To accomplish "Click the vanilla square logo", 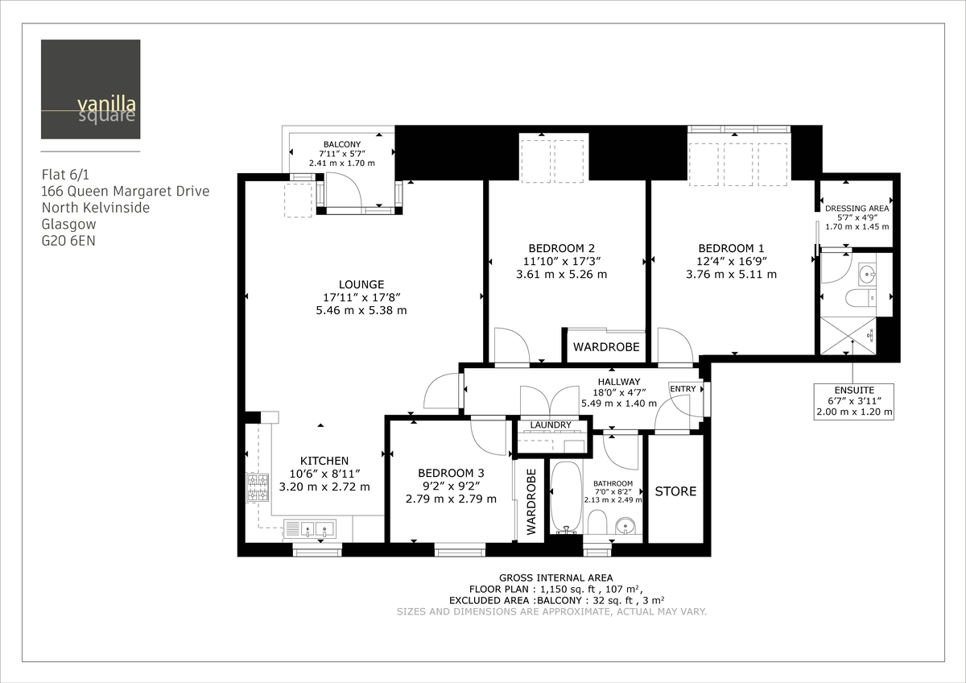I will tap(90, 89).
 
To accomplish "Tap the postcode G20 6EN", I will tap(68, 239).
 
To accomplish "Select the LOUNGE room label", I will tap(361, 284).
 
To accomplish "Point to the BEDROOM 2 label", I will tap(561, 248).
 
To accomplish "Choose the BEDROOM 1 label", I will tap(731, 248).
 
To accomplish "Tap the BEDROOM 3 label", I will tap(451, 473).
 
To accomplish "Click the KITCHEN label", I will tap(324, 461).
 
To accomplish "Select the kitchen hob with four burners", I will tap(258, 488).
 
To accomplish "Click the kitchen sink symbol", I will tap(310, 529).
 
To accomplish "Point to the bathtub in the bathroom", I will tap(565, 496).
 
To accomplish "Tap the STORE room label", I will tap(675, 491).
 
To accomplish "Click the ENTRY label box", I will tap(683, 389).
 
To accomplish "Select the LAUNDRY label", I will tap(551, 424).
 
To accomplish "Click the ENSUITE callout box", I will tap(854, 400).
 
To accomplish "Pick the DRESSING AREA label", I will tap(857, 208).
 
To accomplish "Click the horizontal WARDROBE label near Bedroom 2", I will tap(606, 347).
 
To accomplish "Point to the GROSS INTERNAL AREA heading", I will tap(555, 577).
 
